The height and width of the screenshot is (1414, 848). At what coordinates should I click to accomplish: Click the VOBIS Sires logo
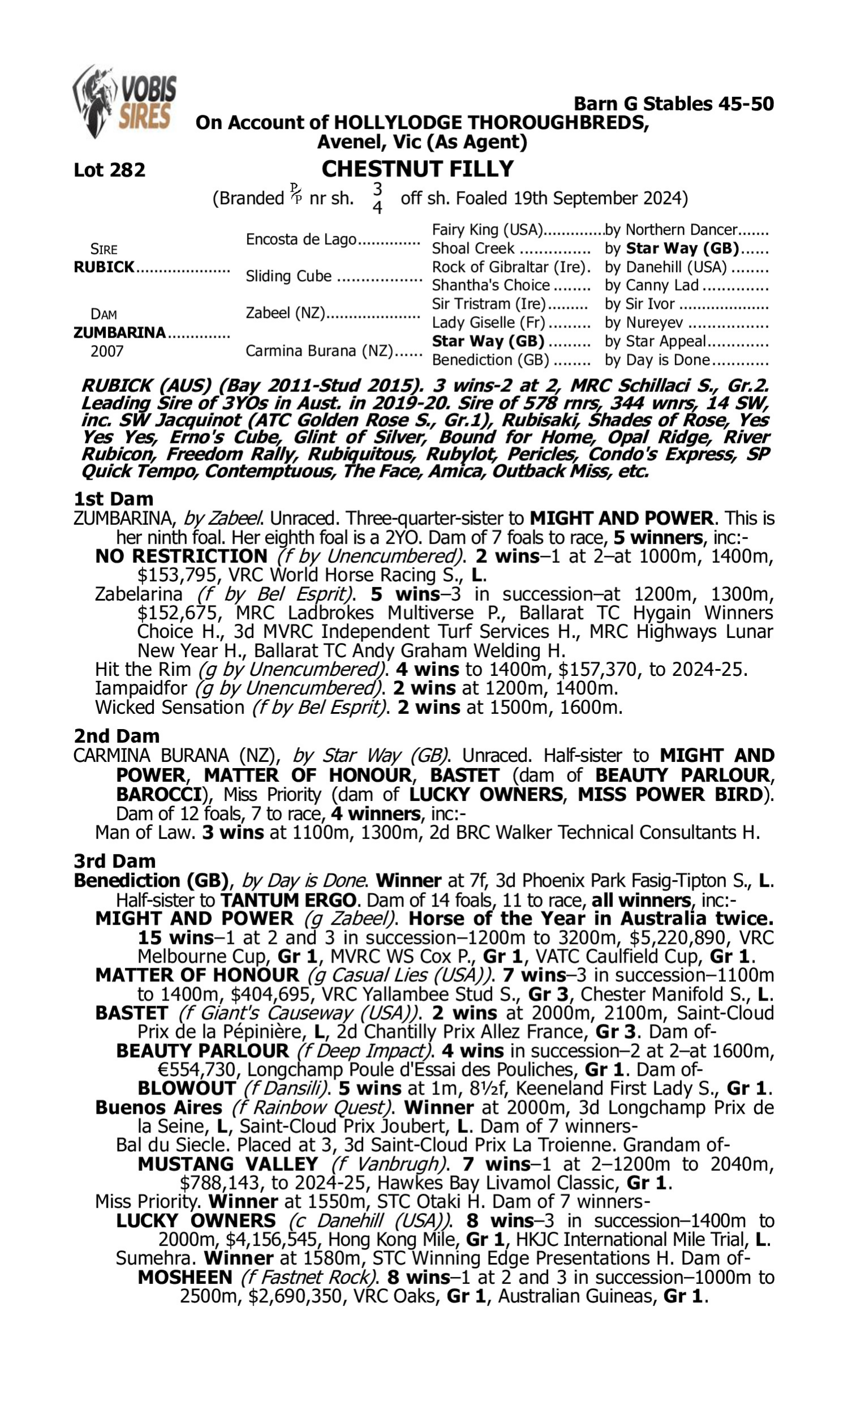point(124,102)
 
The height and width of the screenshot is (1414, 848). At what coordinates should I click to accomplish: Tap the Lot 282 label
point(110,170)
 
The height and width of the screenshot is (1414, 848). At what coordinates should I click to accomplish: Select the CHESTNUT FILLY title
point(417,169)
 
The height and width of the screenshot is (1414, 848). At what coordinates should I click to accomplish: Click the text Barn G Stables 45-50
point(673,104)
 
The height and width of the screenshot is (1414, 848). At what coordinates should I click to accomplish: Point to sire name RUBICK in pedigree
point(104,267)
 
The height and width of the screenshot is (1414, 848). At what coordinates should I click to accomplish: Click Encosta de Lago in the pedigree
point(301,239)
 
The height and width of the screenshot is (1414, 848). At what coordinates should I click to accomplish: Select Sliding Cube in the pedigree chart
point(288,276)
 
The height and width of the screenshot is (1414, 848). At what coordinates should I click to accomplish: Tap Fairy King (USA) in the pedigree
point(487,230)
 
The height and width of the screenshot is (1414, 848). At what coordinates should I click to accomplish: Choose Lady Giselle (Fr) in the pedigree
point(488,323)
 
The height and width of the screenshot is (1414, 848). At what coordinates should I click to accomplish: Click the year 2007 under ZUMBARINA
point(107,351)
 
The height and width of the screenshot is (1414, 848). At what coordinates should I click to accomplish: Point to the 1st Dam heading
point(114,499)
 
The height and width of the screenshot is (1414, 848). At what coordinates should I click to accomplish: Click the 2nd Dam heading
point(116,736)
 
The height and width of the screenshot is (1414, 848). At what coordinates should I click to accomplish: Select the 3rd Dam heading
point(115,861)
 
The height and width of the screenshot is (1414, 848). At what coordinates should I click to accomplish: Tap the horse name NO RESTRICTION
point(181,556)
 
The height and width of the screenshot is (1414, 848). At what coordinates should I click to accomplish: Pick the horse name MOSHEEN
point(184,1277)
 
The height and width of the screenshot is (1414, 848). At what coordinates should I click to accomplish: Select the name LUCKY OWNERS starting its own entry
point(196,1221)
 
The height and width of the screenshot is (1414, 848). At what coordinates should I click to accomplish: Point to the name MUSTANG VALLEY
point(227,1164)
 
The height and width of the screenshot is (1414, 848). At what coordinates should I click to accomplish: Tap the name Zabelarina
point(139,594)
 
